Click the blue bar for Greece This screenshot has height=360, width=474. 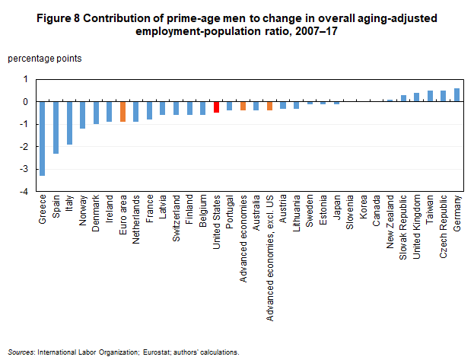point(42,139)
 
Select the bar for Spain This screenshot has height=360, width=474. point(56,127)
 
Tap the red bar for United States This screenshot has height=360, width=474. point(216,107)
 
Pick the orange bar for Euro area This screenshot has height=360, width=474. point(122,112)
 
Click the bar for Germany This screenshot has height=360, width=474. point(457,95)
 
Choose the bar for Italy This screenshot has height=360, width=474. point(68,123)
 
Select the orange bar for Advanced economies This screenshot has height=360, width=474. point(243,106)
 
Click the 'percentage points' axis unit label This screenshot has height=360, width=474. point(45,58)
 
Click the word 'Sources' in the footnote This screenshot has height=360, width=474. point(21,352)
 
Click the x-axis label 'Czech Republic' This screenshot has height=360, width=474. point(444,228)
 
